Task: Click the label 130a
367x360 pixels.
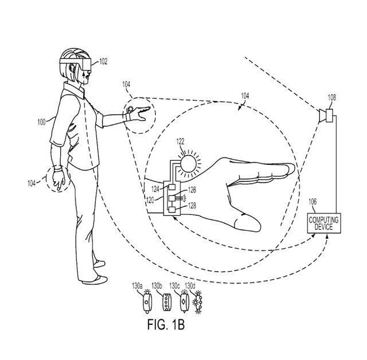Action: coord(137,285)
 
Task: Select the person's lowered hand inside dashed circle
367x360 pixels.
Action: coord(58,179)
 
